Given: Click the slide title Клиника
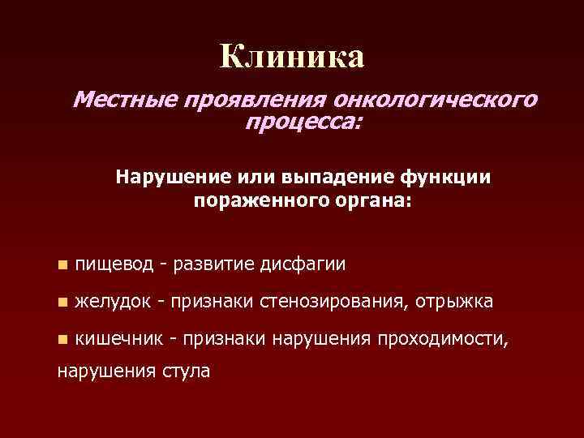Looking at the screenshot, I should pyautogui.click(x=292, y=57).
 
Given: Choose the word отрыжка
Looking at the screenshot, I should pyautogui.click(x=453, y=302).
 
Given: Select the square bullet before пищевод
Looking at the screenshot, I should pyautogui.click(x=62, y=264).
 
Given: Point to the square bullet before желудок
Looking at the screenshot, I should pyautogui.click(x=62, y=302).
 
